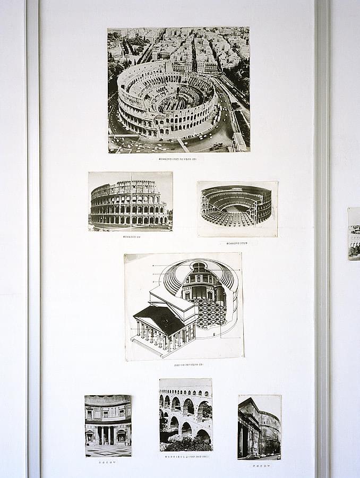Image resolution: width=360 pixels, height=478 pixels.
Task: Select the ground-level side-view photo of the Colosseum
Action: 130,201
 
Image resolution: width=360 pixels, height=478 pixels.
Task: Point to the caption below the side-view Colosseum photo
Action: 132,237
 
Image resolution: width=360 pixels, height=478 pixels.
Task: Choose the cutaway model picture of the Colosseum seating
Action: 237,208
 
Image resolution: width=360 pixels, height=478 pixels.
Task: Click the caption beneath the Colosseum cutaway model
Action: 238,243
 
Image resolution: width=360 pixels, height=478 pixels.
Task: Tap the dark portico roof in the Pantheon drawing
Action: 161,319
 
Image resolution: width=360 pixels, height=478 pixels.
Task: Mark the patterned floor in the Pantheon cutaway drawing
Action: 211,313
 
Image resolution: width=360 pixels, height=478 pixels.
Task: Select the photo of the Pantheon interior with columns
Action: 108,425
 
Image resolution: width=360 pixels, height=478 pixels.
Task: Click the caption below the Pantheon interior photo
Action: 107,462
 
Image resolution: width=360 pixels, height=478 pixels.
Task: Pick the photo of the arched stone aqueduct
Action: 185,414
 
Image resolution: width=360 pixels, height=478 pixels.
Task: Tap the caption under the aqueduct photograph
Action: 186,456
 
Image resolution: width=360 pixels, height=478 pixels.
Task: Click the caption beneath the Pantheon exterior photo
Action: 260,466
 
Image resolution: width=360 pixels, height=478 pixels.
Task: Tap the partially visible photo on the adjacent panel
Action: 354,234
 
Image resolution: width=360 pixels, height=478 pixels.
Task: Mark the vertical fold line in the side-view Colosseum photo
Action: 131,201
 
